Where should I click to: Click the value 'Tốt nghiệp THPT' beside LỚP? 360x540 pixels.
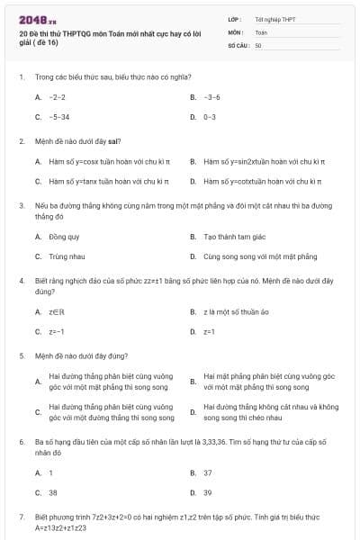(274, 19)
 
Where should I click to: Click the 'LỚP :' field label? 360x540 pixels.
(235, 19)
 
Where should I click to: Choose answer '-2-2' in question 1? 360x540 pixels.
(57, 96)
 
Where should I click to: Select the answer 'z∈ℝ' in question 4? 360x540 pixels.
(56, 311)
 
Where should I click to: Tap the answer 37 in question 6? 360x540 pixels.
(208, 472)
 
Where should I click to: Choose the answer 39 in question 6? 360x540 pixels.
(208, 492)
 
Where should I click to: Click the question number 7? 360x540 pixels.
(21, 517)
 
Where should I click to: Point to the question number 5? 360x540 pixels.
(21, 355)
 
